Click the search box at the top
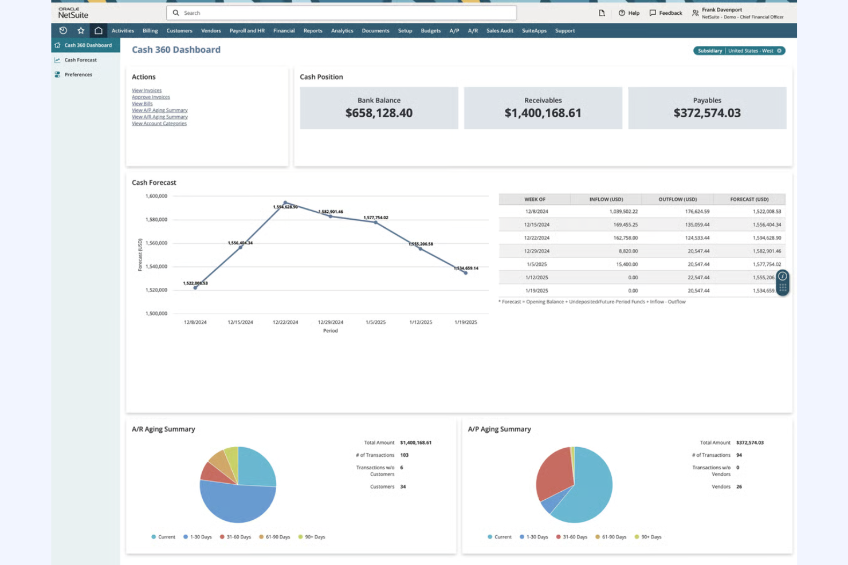pos(344,13)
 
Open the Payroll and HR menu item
pos(247,31)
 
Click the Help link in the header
pos(629,13)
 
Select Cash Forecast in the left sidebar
pos(80,60)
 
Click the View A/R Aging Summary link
pos(159,117)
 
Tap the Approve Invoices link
pos(151,97)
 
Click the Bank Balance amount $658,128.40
pos(379,113)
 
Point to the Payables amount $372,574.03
pos(706,113)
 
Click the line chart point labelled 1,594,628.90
pos(285,203)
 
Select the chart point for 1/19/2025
pos(466,273)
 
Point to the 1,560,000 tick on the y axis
pos(156,243)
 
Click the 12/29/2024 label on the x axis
pos(331,322)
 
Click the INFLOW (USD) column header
pos(606,199)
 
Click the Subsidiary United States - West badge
pos(739,51)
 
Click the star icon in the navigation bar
pos(81,31)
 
